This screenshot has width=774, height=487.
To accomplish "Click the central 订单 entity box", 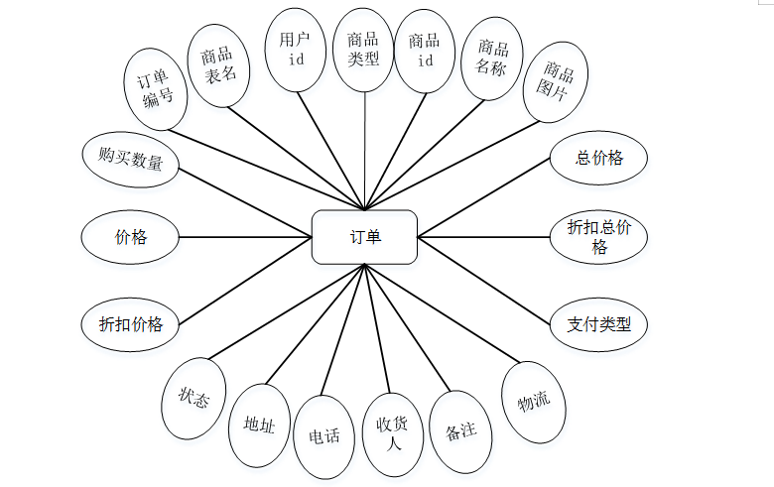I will click(364, 237).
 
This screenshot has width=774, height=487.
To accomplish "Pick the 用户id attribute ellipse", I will click(296, 49).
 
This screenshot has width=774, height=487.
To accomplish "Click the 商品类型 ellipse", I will click(363, 49).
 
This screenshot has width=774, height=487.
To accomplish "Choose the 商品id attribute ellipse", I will click(425, 49).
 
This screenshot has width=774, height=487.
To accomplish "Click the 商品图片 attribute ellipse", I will click(556, 82).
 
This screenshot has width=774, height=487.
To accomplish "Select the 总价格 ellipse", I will click(599, 157).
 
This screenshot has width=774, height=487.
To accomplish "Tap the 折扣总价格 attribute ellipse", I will click(599, 236).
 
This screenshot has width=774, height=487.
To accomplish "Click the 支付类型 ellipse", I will click(599, 323).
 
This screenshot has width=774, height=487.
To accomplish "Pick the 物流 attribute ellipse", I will click(534, 402).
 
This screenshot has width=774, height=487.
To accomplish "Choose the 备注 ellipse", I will click(461, 431).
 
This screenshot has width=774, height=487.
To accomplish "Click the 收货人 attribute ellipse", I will click(393, 433).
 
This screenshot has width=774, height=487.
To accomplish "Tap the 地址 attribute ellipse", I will click(259, 425).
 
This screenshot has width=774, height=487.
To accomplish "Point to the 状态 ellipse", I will click(193, 398).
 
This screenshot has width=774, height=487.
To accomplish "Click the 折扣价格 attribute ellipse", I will click(131, 323).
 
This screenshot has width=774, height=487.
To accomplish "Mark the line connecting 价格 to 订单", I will click(245, 237).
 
